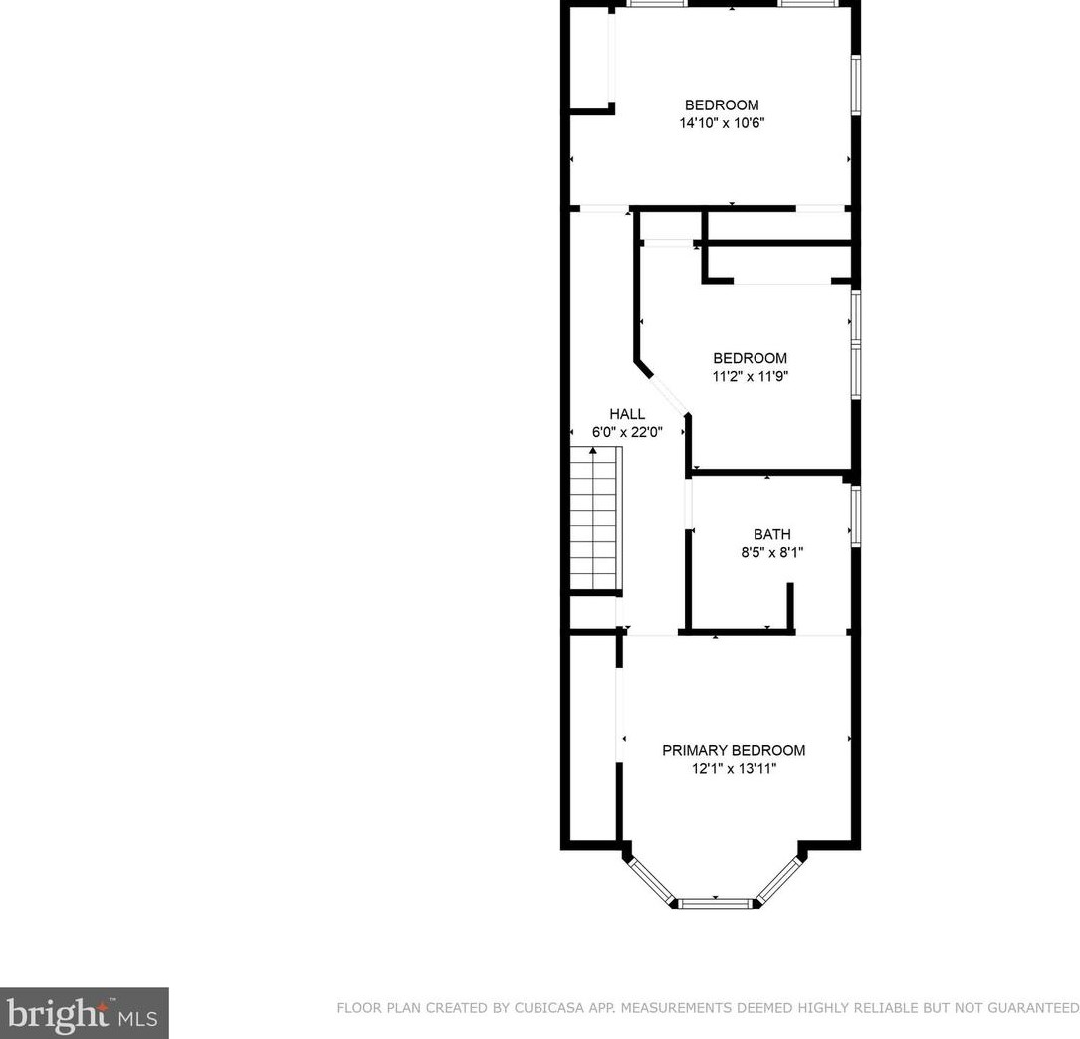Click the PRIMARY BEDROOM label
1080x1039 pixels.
coord(734,750)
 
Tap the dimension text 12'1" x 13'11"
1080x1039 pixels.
coord(734,768)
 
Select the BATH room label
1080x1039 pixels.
coord(771,534)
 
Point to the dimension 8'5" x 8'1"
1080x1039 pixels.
coord(771,552)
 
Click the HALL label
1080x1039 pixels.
coord(627,414)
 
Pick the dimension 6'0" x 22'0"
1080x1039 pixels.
coord(627,432)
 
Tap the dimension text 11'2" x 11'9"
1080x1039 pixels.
coord(750,376)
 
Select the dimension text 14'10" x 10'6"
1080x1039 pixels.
coord(722,123)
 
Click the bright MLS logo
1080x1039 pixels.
coord(85,1013)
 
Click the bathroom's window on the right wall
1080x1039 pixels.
coord(855,515)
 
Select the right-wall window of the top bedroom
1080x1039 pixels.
coord(855,85)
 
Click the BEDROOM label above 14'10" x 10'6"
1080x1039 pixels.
coord(722,105)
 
